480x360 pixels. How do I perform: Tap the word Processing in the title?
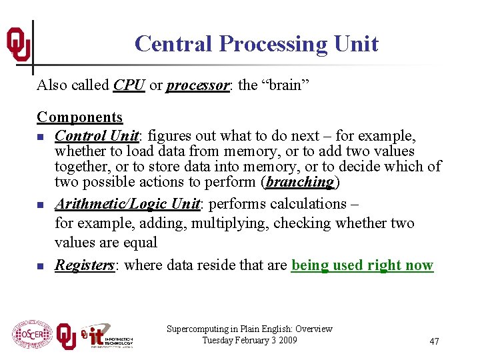(x=273, y=44)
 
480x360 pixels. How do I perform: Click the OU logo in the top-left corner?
(x=18, y=45)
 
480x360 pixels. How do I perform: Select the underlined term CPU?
(x=129, y=85)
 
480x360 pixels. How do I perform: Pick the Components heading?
(x=79, y=117)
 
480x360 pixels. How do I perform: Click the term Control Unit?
(x=97, y=136)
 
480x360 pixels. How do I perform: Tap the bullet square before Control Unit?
(x=41, y=137)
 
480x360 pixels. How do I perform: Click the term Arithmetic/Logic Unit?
(x=127, y=204)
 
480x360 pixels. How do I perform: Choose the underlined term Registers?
(x=85, y=265)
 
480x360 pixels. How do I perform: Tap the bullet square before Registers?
(x=41, y=267)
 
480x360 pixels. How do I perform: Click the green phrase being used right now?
(x=362, y=265)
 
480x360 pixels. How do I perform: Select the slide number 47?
(x=434, y=341)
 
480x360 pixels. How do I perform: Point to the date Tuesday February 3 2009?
(x=249, y=341)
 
